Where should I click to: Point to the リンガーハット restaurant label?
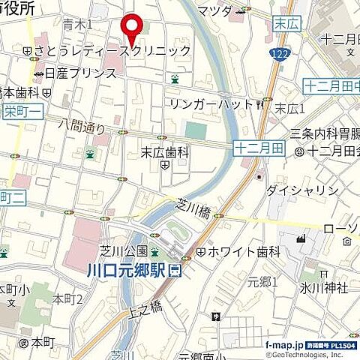212,102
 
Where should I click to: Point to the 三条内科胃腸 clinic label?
325,133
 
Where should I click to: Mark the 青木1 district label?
78,25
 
